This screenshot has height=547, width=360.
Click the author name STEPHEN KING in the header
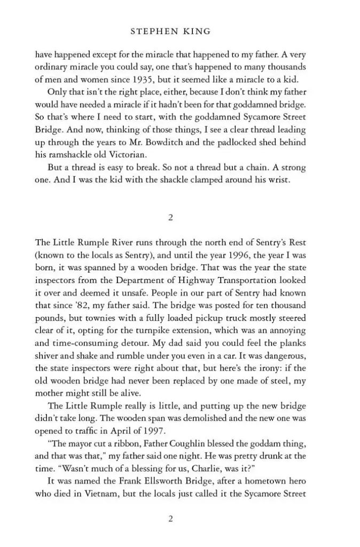170,32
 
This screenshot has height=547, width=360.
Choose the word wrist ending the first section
277,179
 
